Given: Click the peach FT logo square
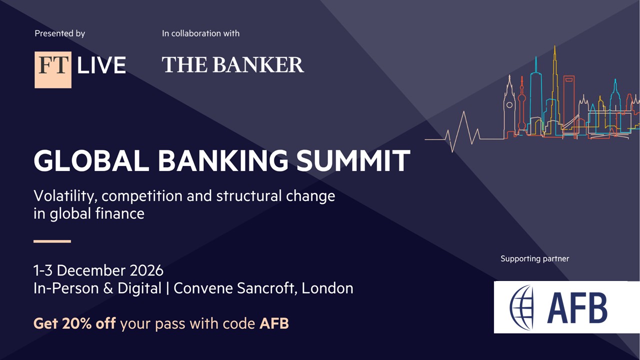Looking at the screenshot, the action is [x=53, y=69].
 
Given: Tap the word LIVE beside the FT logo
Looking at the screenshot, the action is [x=101, y=65].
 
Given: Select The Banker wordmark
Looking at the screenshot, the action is [x=233, y=64].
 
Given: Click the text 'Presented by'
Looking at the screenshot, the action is [x=59, y=33].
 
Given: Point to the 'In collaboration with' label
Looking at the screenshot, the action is [x=200, y=33].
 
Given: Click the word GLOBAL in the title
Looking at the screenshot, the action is [x=91, y=160].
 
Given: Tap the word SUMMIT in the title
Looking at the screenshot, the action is [x=353, y=160].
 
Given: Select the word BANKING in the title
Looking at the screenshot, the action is [x=223, y=160].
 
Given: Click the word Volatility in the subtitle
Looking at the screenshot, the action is [x=65, y=196].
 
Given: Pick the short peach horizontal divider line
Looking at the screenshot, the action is [x=52, y=241].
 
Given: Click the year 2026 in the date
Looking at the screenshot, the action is [x=146, y=270].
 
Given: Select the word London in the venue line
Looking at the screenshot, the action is [x=327, y=288].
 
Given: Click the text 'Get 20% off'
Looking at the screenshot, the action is [x=74, y=323].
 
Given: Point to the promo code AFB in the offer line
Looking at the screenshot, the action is [x=274, y=323].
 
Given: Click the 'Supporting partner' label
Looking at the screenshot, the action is [x=535, y=259].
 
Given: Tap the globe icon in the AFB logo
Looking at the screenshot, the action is [x=521, y=307].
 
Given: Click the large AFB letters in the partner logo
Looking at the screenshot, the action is [x=577, y=308].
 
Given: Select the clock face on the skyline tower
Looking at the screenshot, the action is [x=509, y=105].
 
